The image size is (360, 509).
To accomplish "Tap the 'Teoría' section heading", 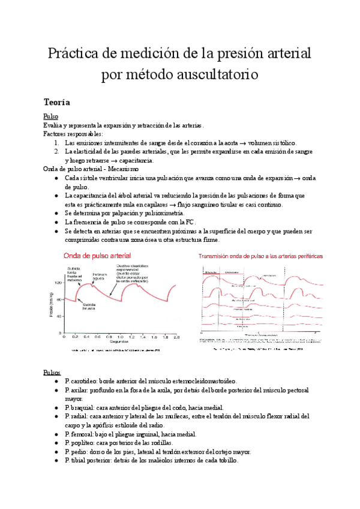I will tap(58, 103).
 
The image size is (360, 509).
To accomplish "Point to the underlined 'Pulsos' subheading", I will tap(52, 372).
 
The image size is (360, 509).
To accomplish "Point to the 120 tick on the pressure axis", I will tap(58, 282).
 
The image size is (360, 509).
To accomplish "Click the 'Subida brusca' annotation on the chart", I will tap(90, 306).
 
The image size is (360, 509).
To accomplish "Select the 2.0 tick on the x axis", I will tap(176, 337).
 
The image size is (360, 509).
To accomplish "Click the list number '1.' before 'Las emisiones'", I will tap(56, 143).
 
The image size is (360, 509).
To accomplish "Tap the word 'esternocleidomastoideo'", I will tap(197, 381).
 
